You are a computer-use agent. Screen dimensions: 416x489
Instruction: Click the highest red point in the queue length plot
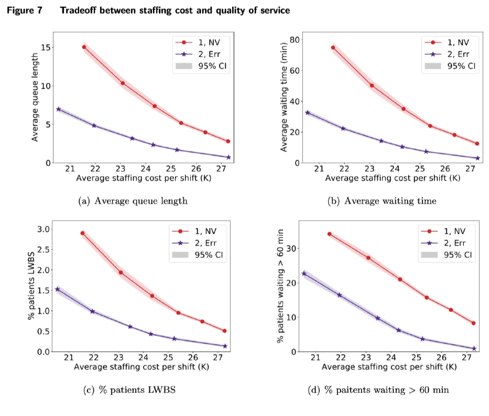(84, 47)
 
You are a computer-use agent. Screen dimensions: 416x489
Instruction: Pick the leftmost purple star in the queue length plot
(58, 109)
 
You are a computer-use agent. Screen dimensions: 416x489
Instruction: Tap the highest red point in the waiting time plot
(333, 48)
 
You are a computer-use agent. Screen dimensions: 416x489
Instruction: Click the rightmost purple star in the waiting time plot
(477, 158)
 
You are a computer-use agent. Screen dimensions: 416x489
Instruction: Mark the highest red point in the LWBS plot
(82, 233)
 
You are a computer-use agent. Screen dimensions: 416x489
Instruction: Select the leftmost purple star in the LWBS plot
(57, 289)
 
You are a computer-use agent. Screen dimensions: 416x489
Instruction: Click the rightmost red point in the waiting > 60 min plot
(473, 323)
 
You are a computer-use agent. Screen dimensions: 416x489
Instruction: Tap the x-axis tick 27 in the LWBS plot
(218, 358)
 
